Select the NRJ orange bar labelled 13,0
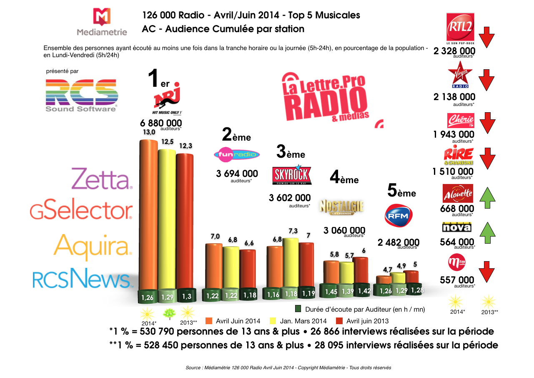coord(148,213)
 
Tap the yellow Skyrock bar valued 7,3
coord(290,263)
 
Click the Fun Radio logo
coord(237,155)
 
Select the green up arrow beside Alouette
coord(486,197)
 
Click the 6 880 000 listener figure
coord(161,123)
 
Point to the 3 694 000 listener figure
coord(237,174)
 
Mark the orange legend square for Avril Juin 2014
coord(209,321)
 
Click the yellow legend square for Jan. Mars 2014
coord(274,321)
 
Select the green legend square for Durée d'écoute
coord(298,309)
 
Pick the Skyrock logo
coord(291,176)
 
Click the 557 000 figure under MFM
coord(457,280)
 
